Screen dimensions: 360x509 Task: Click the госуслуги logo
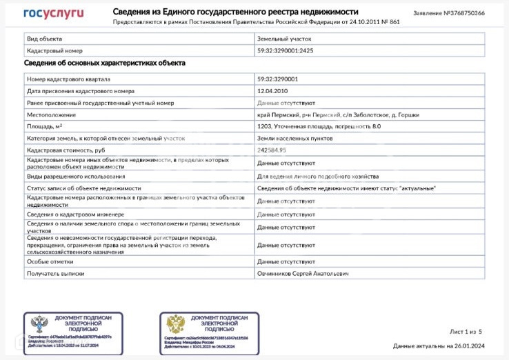click(x=54, y=13)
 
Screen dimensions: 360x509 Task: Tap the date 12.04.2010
click(x=272, y=91)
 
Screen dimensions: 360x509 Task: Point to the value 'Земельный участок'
click(x=284, y=39)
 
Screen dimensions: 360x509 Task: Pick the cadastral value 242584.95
click(x=272, y=150)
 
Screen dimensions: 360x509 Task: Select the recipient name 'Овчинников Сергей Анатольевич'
click(x=303, y=274)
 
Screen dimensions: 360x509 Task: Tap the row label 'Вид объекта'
click(x=44, y=39)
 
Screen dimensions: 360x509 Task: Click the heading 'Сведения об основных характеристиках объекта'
click(x=104, y=63)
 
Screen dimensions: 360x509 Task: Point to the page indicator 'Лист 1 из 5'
click(x=466, y=332)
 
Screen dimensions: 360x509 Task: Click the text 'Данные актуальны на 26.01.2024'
click(x=439, y=346)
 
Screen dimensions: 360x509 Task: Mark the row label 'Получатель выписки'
click(x=56, y=274)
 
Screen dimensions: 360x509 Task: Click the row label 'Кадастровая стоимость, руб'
click(x=66, y=150)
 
